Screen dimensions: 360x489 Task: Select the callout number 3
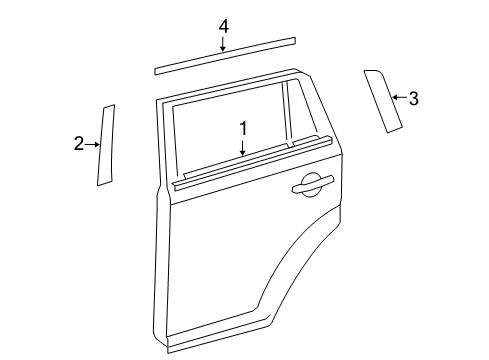coord(413,98)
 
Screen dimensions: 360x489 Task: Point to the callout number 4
coord(224,26)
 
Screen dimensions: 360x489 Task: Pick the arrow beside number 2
coord(94,145)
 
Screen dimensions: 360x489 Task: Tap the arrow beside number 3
coord(397,97)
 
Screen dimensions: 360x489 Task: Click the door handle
coord(311,182)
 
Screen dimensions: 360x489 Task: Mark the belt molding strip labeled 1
coord(250,161)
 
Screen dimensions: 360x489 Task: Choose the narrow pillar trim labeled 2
coord(106,145)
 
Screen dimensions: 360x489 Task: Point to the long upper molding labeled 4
coord(225,55)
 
